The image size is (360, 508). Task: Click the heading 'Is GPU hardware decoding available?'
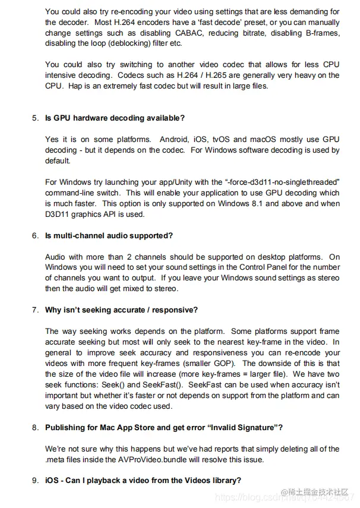click(x=115, y=118)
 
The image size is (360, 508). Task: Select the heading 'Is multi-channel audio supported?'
click(x=109, y=235)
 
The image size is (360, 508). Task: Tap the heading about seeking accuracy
click(x=121, y=310)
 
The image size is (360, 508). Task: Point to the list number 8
click(x=35, y=427)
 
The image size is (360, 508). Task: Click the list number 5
click(x=35, y=118)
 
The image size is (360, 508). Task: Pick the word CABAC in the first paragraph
click(x=187, y=33)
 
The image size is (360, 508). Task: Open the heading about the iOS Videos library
click(x=143, y=481)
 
